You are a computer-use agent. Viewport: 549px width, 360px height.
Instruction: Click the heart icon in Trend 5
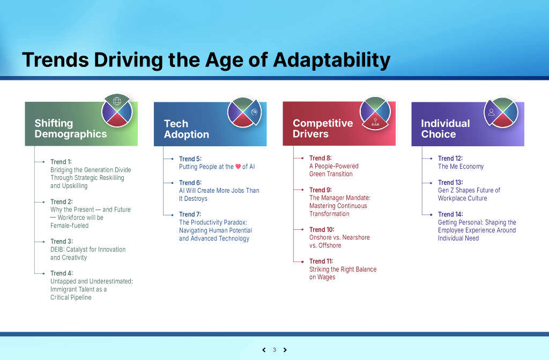[238, 167]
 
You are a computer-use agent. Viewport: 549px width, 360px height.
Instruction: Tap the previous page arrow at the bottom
[264, 350]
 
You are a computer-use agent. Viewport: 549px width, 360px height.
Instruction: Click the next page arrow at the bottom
[285, 350]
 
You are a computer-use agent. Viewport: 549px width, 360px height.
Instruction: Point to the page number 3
[274, 350]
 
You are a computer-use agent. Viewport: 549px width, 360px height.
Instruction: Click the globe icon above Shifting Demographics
[117, 101]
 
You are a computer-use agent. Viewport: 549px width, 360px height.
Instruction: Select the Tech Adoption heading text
[187, 129]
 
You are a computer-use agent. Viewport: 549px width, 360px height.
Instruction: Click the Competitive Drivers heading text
[323, 129]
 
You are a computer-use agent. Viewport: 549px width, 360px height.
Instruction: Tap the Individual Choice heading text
[446, 129]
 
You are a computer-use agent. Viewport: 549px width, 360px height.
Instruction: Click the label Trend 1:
[61, 162]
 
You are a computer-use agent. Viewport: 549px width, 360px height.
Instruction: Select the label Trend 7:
[190, 214]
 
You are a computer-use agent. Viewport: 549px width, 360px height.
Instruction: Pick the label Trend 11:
[321, 261]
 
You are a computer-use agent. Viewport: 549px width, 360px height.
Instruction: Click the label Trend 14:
[450, 214]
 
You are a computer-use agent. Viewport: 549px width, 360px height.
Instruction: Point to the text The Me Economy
[461, 167]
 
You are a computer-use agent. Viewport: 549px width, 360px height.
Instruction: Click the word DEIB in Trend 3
[57, 250]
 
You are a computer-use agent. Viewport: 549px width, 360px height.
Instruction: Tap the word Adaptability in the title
[332, 60]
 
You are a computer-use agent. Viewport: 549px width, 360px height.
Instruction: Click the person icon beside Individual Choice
[492, 112]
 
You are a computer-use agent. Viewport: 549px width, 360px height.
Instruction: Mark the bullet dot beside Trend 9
[302, 190]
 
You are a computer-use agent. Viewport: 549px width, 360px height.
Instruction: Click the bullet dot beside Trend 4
[43, 273]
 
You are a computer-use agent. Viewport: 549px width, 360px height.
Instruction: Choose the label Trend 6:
[190, 183]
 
